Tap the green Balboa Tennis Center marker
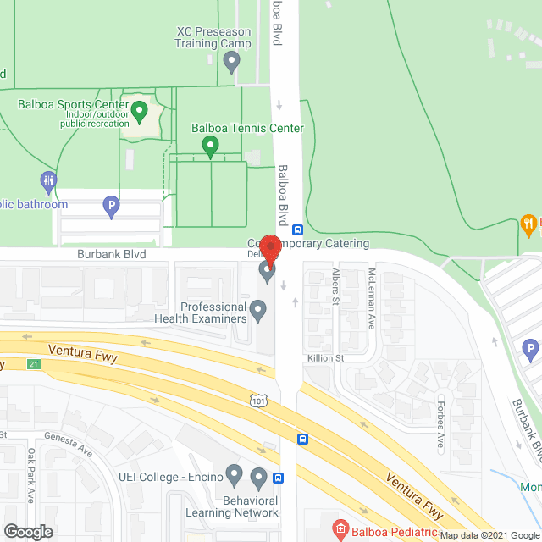tap(210, 147)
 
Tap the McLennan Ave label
tap(371, 299)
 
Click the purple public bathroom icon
tap(48, 181)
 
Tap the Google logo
tap(28, 531)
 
